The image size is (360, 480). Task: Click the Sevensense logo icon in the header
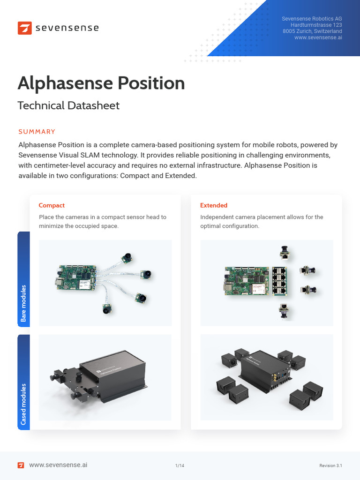24,28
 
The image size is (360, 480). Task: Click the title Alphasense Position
101,83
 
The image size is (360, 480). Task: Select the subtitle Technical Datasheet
68,105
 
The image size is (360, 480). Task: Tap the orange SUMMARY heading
37,132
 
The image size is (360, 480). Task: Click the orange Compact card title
52,205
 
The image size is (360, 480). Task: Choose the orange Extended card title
214,205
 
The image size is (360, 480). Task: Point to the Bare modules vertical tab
23,303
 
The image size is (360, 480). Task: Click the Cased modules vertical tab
23,404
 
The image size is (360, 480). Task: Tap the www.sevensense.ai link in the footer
58,465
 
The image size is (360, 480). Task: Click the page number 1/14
180,465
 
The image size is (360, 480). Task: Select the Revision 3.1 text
330,465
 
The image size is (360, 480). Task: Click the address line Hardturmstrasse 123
316,25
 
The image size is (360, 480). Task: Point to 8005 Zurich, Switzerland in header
312,31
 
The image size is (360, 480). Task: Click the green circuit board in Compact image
76,279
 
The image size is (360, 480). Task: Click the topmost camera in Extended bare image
284,252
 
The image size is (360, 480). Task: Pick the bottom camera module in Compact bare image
107,309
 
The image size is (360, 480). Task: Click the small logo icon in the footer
21,465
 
